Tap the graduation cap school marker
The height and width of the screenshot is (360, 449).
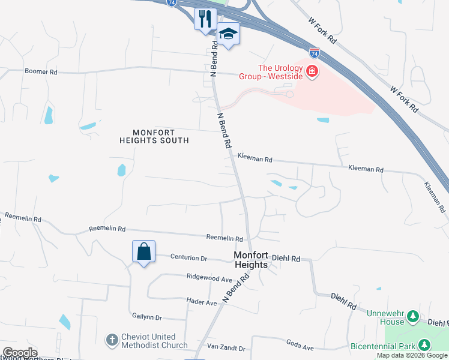pyautogui.click(x=228, y=34)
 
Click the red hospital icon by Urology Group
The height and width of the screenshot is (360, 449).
pyautogui.click(x=312, y=73)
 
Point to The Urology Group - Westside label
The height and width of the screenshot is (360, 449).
pyautogui.click(x=280, y=73)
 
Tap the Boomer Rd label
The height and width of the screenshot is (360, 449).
pyautogui.click(x=41, y=71)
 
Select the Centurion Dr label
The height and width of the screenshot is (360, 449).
pyautogui.click(x=188, y=259)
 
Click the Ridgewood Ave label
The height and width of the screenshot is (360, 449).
pyautogui.click(x=209, y=279)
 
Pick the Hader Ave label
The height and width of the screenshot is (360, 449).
pyautogui.click(x=202, y=302)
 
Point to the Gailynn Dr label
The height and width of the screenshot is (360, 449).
pyautogui.click(x=146, y=316)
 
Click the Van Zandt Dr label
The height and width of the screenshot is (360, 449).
pyautogui.click(x=226, y=348)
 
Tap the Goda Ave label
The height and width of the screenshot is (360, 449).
pyautogui.click(x=300, y=347)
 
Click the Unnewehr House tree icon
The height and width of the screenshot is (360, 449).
pyautogui.click(x=412, y=316)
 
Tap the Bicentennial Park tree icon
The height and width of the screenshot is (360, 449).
pyautogui.click(x=424, y=344)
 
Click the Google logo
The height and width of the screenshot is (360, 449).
pyautogui.click(x=20, y=353)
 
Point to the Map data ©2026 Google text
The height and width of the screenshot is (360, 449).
pyautogui.click(x=412, y=356)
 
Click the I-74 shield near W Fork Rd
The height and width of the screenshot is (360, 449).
pyautogui.click(x=315, y=53)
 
